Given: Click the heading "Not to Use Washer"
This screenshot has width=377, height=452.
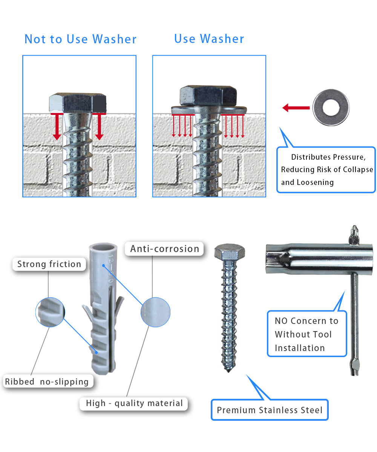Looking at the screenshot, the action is pos(80,39).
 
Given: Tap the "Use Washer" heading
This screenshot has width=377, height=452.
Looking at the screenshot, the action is pos(209,39).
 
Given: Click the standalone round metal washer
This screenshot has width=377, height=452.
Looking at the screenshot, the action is pos(331,107).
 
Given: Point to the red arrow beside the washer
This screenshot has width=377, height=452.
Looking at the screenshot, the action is pos(296,108).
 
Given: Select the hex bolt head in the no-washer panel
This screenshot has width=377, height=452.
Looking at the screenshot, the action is pos(78,103).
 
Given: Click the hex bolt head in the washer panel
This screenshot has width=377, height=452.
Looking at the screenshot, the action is pos(208,95).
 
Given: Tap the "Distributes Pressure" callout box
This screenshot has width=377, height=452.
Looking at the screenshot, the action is pos(326,169).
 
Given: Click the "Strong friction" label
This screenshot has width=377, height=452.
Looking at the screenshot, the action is pos(49,264).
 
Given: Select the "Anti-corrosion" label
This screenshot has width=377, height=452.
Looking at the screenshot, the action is pos(164,249).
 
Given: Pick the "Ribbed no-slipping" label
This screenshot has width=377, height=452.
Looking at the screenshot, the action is pos(47,382).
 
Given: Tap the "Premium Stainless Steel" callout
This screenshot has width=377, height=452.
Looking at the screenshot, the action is pos(270,410).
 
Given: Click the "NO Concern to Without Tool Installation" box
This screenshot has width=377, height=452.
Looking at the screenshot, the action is pos(307,334).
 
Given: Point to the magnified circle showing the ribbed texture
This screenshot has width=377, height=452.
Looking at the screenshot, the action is pos(50,312).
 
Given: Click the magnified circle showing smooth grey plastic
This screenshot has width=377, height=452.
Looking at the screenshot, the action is pos(155,312).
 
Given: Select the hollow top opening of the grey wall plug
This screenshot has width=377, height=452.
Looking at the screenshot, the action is pos(103,247).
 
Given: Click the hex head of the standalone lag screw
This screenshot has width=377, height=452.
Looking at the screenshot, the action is pos(230,252).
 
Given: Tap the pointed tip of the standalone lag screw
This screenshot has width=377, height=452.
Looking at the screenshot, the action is pos(228,371).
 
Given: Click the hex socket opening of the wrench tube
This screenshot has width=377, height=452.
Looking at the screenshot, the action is pos(269,259).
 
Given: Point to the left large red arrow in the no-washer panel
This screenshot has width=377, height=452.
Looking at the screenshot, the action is pos(57,127).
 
